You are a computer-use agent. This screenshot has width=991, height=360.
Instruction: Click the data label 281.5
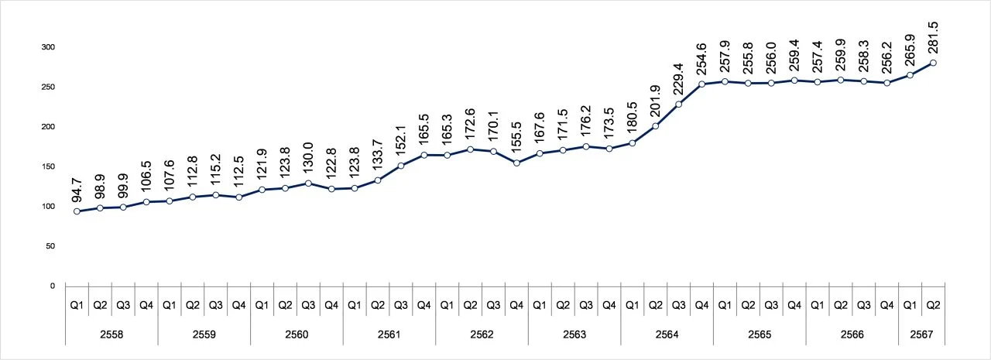(933, 38)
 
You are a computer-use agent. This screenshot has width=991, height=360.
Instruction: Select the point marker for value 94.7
(77, 211)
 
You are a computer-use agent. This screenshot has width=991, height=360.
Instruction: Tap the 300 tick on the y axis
(48, 47)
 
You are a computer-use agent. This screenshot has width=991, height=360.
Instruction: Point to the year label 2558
(111, 334)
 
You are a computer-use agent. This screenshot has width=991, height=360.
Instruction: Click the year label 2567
(921, 334)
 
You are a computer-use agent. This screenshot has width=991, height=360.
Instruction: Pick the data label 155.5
(516, 138)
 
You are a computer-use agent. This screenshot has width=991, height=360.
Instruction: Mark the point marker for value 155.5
(516, 163)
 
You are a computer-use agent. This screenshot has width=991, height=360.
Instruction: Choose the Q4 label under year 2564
(701, 305)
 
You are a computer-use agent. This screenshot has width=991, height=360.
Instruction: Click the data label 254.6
(701, 59)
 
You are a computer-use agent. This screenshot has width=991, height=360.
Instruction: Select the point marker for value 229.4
(679, 105)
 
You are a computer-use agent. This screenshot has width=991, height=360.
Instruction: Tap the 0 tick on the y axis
(52, 286)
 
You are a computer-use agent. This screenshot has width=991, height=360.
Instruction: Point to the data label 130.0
(308, 158)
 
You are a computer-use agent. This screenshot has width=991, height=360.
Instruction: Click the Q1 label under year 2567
(910, 305)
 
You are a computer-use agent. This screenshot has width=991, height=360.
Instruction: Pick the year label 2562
(482, 334)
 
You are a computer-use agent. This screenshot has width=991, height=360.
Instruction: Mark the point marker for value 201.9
(656, 126)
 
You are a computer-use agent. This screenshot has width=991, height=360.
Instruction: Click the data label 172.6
(470, 125)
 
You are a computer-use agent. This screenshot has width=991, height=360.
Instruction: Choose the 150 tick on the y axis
(48, 166)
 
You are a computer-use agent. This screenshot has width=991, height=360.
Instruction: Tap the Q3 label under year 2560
(308, 305)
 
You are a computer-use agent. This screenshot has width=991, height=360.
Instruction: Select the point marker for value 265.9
(910, 75)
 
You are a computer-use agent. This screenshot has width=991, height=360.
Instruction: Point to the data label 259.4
(794, 55)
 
